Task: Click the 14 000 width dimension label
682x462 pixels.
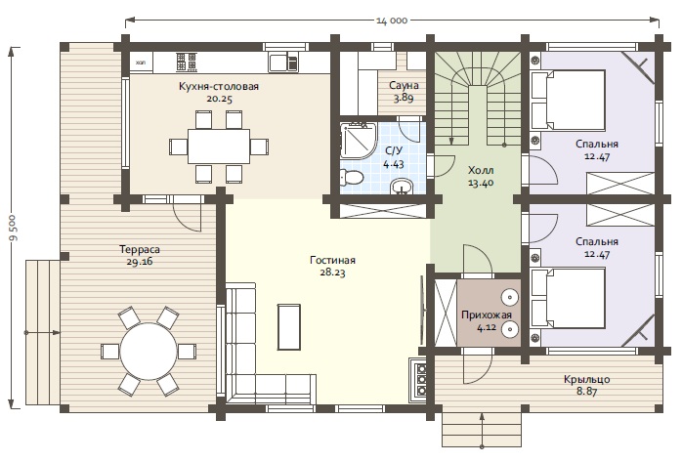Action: [392, 21]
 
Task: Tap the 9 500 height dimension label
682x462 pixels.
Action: [14, 228]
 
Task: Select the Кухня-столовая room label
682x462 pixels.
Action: [219, 87]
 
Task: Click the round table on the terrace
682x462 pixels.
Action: [149, 352]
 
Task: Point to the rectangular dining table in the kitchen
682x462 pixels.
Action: [219, 147]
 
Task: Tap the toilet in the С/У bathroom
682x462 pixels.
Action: [352, 178]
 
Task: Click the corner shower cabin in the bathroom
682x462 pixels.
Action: [358, 140]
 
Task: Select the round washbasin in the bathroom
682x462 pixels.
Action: [402, 187]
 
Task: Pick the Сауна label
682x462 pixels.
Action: [405, 85]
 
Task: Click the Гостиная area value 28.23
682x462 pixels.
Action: [333, 273]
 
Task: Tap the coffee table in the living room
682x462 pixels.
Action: [289, 327]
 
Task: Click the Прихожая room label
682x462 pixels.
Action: [487, 315]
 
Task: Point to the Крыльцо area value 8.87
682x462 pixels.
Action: [587, 391]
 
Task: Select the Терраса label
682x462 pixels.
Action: [140, 249]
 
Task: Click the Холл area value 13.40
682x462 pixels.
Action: [481, 183]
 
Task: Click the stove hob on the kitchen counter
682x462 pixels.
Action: [187, 62]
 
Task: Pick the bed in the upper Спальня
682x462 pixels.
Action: [568, 100]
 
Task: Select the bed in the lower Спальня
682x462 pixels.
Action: [568, 298]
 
